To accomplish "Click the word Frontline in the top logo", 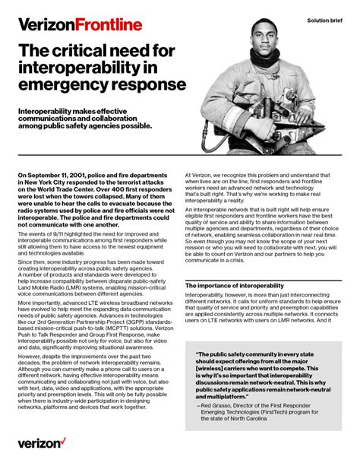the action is coord(109,25).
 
